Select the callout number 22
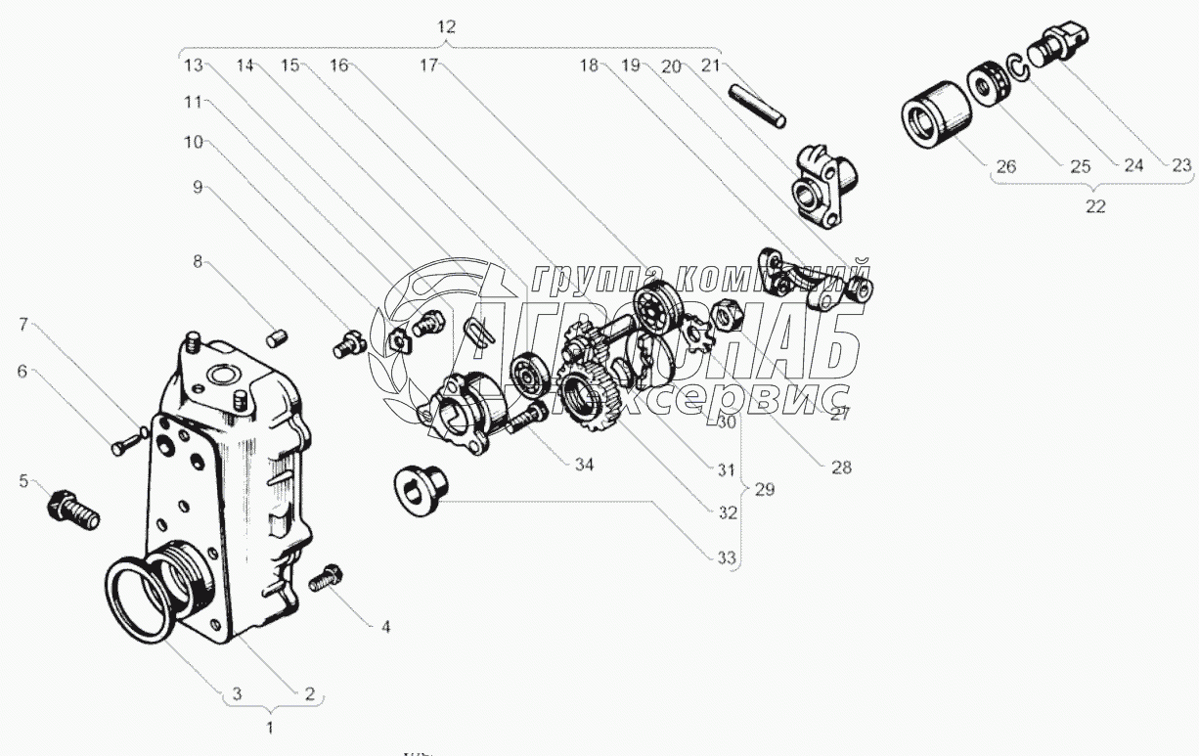tap(1095, 207)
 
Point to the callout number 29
tap(764, 489)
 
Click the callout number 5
tap(24, 480)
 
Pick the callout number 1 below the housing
tap(271, 727)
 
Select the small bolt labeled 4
tap(325, 580)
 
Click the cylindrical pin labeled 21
tap(758, 105)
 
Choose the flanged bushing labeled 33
tap(418, 485)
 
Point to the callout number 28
tap(841, 467)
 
